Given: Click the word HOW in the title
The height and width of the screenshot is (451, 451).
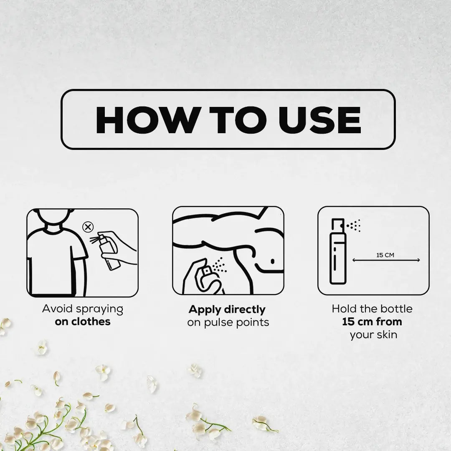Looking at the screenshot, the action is tap(148, 120).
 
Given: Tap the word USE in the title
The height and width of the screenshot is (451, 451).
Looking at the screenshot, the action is tap(320, 120).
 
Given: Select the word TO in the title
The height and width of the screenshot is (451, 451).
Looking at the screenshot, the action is tap(238, 120).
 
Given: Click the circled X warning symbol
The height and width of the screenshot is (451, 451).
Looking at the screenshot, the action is tap(88, 227).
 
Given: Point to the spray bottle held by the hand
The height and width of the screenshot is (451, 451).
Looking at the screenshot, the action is tap(109, 252).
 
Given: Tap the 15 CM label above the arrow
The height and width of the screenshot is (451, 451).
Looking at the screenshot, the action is tap(385, 255).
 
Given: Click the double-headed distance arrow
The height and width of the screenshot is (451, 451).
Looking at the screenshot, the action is tap(386, 260).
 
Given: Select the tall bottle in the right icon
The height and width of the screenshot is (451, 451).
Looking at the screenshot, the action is tap(338, 251).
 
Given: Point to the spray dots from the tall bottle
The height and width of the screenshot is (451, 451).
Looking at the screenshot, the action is tap(354, 225).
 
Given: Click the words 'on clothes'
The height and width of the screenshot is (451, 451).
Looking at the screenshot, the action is tap(83, 322).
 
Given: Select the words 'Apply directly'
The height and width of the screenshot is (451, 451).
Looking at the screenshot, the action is tap(227, 309).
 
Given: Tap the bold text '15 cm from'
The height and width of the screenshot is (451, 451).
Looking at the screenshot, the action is tap(372, 322).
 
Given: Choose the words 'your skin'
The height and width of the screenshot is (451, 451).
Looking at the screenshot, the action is tap(373, 335).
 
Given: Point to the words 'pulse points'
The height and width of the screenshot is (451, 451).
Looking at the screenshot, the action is tap(237, 322).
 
